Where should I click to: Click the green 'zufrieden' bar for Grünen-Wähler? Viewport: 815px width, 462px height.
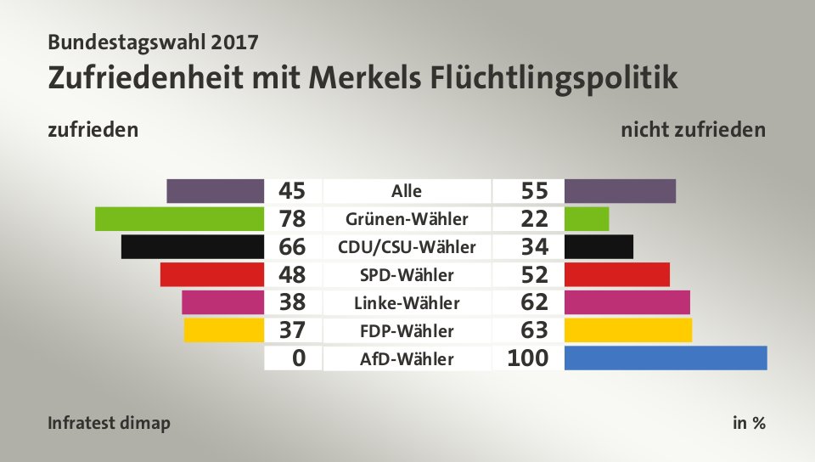[179, 219]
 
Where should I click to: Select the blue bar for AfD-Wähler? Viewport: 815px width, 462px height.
[665, 358]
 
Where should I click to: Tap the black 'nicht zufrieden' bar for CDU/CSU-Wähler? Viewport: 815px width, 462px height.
[599, 247]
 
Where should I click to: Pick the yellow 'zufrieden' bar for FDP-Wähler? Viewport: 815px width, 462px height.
[223, 330]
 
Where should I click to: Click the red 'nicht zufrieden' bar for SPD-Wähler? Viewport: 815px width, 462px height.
[616, 274]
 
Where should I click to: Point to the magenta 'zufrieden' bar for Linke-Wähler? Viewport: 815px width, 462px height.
[222, 302]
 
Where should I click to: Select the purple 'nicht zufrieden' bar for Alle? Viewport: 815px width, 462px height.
[620, 191]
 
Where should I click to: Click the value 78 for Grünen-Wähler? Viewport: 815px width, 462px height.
[292, 219]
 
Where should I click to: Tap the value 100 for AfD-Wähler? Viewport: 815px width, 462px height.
[527, 358]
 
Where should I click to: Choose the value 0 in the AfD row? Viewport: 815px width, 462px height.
[298, 358]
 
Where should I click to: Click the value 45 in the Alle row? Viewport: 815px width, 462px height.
[292, 191]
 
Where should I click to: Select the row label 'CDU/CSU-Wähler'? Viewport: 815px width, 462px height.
[407, 247]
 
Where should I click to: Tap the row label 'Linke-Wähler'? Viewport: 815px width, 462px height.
[407, 302]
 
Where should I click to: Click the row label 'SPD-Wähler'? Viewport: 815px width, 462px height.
[407, 274]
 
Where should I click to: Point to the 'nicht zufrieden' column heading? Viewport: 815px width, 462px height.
[693, 131]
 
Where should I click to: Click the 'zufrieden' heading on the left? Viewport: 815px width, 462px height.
[93, 131]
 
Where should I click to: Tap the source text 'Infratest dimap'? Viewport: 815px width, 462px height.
[110, 423]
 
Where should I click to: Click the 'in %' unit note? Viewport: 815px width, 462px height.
[749, 423]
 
